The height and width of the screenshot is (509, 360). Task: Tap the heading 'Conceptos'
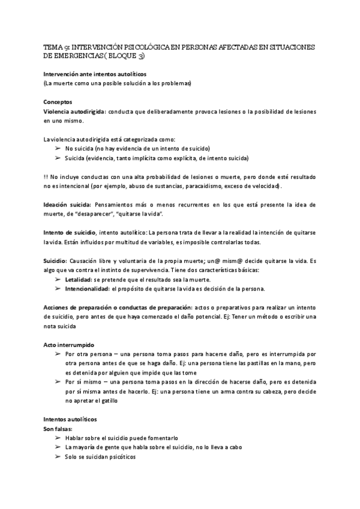58,102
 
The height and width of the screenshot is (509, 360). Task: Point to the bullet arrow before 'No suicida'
58,148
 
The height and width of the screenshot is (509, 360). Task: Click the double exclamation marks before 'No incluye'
46,177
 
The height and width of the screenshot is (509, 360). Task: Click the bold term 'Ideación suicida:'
68,205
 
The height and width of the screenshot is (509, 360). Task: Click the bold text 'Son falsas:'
58,429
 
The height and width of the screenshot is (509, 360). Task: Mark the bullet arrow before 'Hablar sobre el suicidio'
58,438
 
